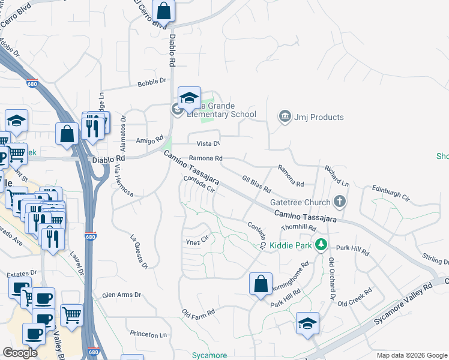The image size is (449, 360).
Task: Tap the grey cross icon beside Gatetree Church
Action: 340,202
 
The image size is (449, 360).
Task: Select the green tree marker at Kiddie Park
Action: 321,244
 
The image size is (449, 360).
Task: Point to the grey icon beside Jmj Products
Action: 285,116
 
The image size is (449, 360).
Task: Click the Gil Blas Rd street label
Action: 256,184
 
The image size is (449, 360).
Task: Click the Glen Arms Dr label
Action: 121,295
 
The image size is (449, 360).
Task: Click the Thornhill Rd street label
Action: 298,227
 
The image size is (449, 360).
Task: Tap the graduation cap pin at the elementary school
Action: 189,97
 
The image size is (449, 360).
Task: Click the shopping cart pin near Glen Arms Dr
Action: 71,314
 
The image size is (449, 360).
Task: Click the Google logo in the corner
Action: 20,353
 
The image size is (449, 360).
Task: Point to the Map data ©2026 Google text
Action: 411,355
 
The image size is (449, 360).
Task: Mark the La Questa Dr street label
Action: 137,250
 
